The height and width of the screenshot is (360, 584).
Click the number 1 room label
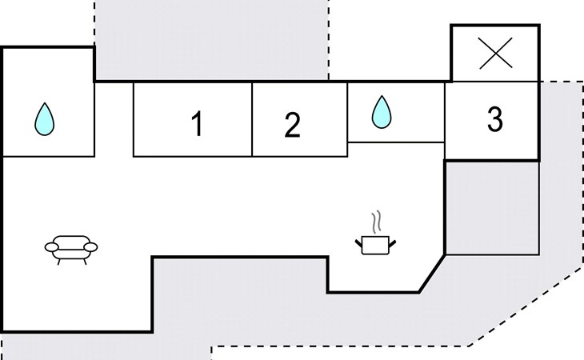point(197,124)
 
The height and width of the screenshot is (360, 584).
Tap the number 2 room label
point(292,126)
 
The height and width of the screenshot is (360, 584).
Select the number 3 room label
point(495,119)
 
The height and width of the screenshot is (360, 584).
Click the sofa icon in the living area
point(71,250)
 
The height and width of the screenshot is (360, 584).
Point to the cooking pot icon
point(375,233)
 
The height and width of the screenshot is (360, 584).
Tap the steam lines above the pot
point(377,222)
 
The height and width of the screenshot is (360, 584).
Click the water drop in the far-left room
point(44,119)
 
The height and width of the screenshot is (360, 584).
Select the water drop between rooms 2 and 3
point(382,112)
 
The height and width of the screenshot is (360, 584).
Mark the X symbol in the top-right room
point(495,54)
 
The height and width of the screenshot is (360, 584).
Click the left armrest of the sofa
point(51,247)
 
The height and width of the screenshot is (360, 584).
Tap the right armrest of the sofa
point(91,247)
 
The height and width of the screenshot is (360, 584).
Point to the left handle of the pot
point(358,244)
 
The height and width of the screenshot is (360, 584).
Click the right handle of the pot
point(392,244)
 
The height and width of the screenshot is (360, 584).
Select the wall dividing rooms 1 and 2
point(252,119)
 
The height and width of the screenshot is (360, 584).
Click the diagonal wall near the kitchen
point(432,274)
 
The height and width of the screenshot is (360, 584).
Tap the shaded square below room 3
point(492,208)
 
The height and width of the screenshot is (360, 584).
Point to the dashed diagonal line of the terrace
point(526,306)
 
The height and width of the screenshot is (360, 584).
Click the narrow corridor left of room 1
point(114,119)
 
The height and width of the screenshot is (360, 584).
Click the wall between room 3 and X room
point(494,81)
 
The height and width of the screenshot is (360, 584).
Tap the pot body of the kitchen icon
point(375,246)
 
